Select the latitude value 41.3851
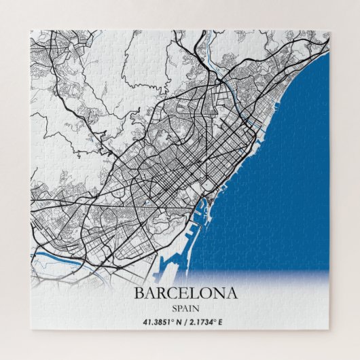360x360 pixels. (x=156, y=321)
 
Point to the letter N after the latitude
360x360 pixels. (x=179, y=321)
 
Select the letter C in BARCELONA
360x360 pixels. (x=167, y=294)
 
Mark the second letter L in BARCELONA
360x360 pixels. (x=187, y=294)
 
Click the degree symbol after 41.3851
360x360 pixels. (x=173, y=319)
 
